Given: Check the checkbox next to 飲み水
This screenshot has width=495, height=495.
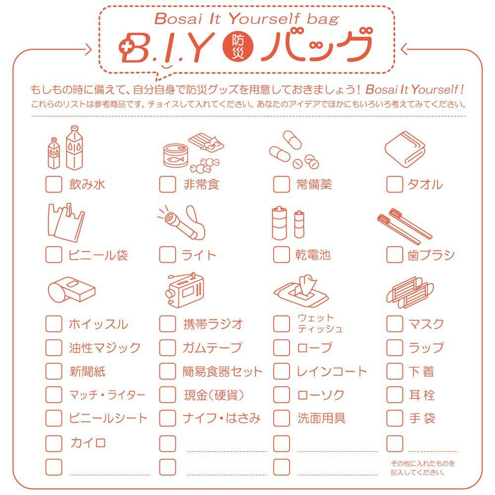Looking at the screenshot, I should pos(53,184).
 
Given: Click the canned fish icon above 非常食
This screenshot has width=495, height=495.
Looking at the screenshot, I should pos(177,156).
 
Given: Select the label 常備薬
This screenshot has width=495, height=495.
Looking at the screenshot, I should pos(314,185).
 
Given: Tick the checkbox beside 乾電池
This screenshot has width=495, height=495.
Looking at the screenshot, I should pos(281,254).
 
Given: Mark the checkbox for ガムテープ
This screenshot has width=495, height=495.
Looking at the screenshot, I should pos(168,347).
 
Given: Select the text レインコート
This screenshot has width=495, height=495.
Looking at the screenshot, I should pos(332,371).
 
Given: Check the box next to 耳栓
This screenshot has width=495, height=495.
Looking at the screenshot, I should pos(395,395).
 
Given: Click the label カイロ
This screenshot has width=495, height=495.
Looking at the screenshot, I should pos(88,443).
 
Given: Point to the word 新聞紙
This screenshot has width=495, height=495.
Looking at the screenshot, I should pos(87,371).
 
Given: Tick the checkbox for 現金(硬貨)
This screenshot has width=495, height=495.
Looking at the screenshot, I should pos(168,395).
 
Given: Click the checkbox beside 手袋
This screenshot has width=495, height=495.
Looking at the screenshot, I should pos(395,418).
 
